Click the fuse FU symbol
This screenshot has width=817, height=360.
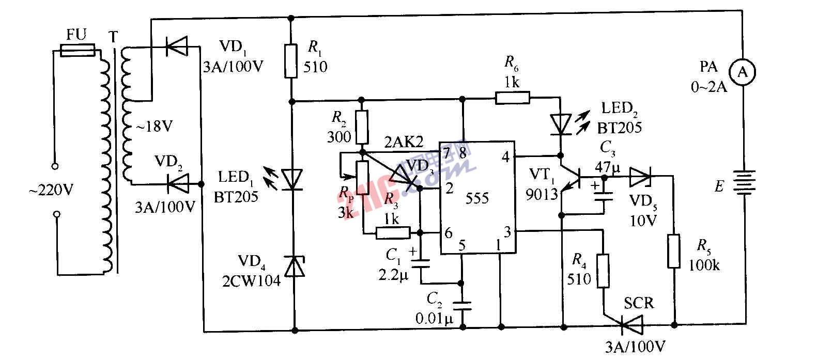[x=78, y=51]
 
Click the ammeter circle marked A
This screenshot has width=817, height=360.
[x=743, y=73]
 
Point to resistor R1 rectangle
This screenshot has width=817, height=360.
[x=291, y=61]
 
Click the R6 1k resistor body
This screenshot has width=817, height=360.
[x=512, y=98]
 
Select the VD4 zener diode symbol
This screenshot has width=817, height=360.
[x=294, y=267]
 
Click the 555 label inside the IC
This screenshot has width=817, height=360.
[x=477, y=198]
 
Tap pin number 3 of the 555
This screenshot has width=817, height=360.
[x=507, y=232]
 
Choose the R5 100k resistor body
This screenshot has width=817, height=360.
[x=673, y=251]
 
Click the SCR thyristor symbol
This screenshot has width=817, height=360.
[x=631, y=326]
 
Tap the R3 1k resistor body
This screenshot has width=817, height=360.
[x=393, y=233]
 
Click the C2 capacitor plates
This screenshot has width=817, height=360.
[x=463, y=305]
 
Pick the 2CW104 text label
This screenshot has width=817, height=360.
[x=252, y=280]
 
